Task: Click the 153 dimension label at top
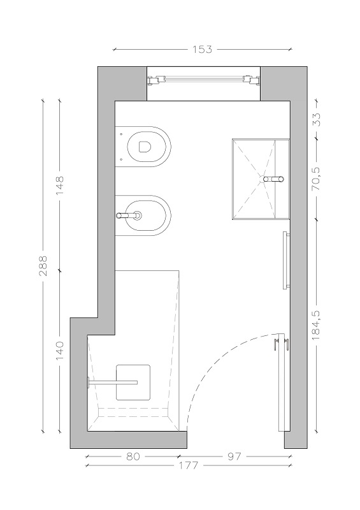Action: (202, 50)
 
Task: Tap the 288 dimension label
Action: (43, 266)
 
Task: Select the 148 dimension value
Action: (60, 186)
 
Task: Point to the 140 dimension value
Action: (60, 351)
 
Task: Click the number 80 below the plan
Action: (133, 456)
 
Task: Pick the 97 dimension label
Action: (234, 456)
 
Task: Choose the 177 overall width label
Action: (189, 466)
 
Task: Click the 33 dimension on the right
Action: (316, 119)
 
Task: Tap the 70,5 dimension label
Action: (316, 179)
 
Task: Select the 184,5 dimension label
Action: (316, 325)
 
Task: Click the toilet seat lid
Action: (145, 147)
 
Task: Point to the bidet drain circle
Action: (138, 215)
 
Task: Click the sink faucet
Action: (273, 179)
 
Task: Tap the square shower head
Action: (133, 382)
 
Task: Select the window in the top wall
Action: (204, 80)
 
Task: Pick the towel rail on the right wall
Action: (285, 260)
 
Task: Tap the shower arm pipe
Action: (112, 382)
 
